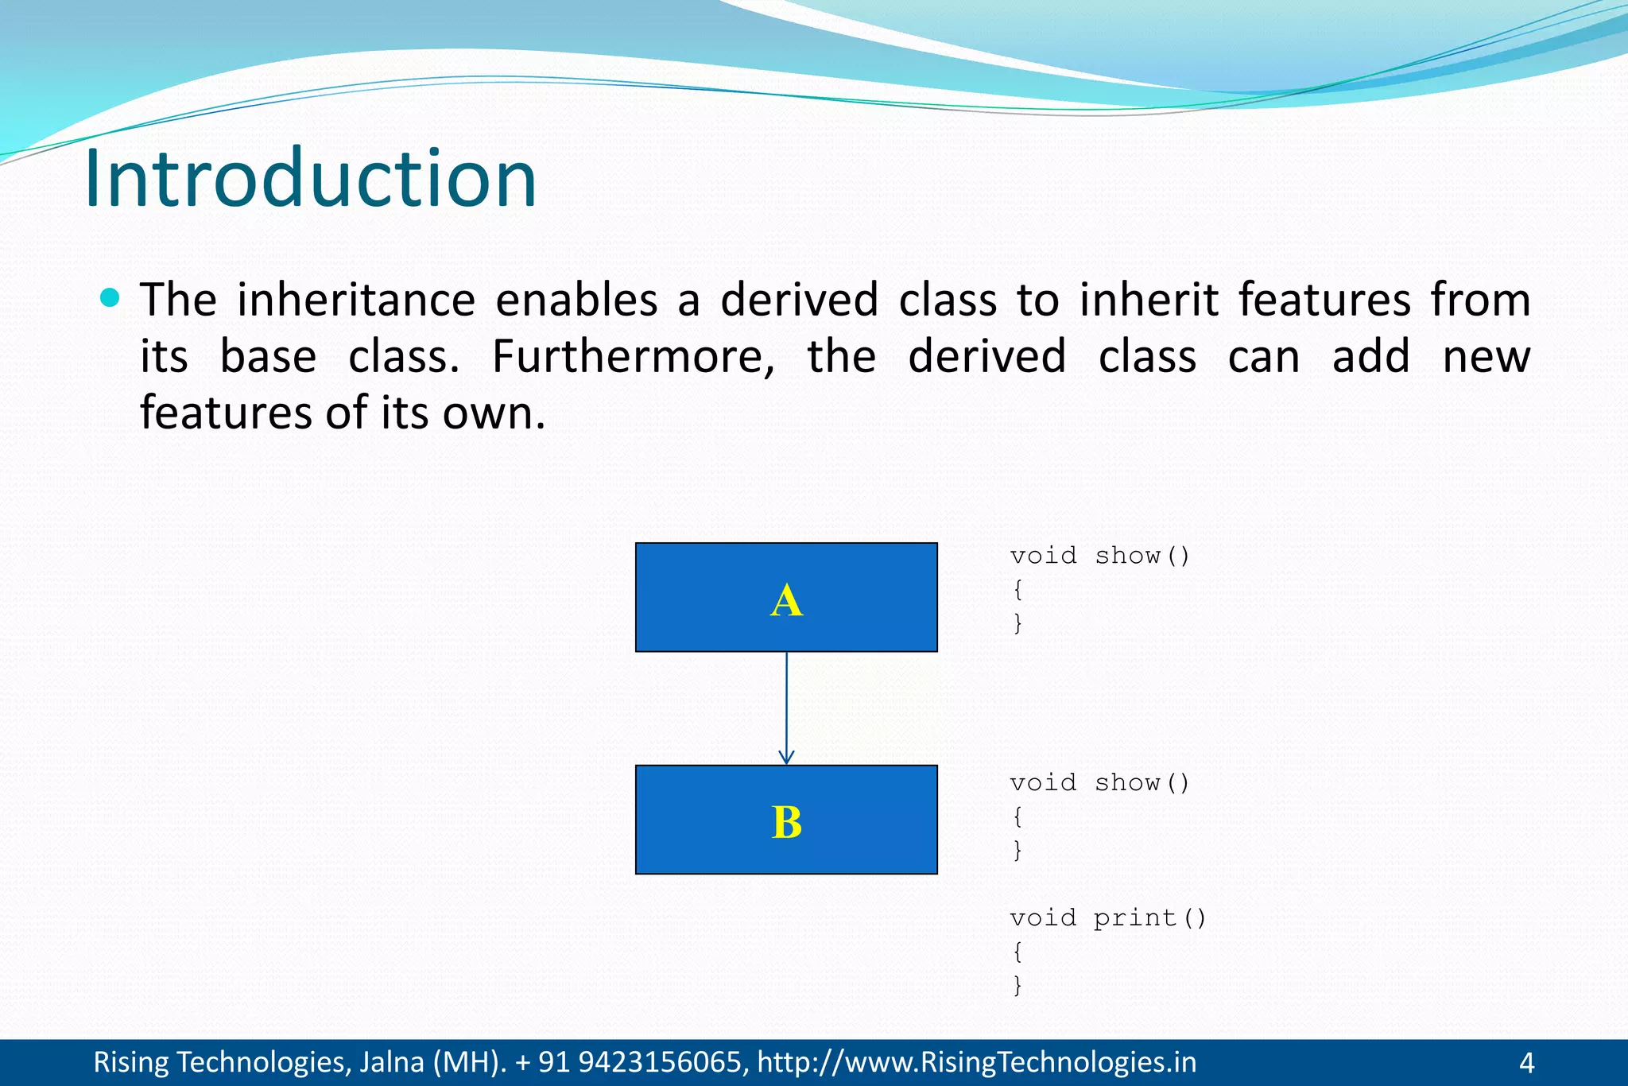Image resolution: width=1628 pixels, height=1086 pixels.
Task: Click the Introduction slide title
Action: click(310, 179)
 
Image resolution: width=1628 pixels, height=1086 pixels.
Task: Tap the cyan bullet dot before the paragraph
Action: click(110, 298)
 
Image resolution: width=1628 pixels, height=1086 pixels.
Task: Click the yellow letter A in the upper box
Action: click(786, 600)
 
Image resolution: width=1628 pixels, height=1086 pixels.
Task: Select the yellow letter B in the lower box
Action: click(786, 822)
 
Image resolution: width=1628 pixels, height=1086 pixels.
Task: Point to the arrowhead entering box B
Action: click(786, 758)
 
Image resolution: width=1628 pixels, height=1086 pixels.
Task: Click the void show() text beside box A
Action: click(1099, 555)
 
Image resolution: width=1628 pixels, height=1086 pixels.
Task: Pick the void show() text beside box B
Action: click(1099, 782)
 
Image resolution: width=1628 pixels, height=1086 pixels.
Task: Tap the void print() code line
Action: click(1107, 917)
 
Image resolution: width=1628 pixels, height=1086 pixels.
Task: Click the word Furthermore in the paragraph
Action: click(633, 356)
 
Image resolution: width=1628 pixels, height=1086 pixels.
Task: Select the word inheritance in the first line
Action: click(356, 300)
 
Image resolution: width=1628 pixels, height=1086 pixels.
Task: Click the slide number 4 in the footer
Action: click(1526, 1062)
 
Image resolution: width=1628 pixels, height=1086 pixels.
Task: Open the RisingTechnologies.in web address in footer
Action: click(976, 1062)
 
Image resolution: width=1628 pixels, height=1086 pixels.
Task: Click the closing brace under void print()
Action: click(1017, 985)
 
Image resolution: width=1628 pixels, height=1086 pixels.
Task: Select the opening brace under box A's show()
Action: click(1017, 589)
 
